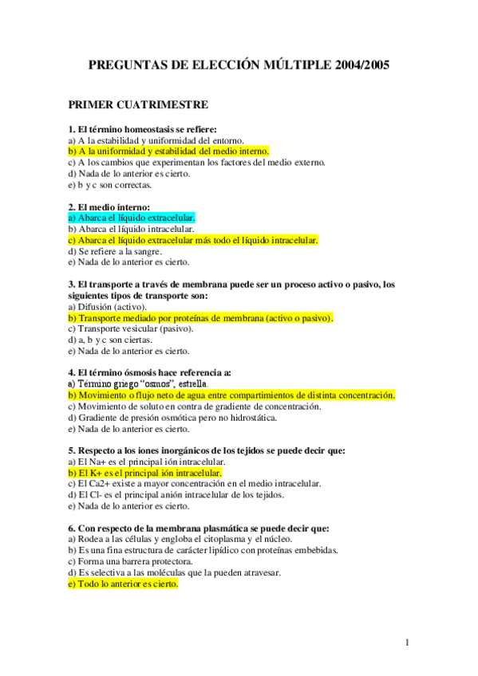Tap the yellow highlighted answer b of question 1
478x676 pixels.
coord(168,151)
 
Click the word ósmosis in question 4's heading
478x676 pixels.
coord(136,372)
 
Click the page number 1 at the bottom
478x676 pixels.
coord(407,643)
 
